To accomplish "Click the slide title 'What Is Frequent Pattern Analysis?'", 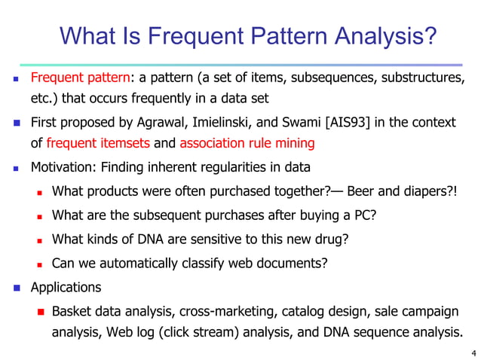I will click(247, 35).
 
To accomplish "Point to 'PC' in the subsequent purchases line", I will click(362, 215).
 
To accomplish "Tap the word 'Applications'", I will click(65, 287).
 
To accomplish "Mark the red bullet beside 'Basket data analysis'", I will click(42, 311).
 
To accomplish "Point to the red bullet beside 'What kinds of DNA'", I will click(42, 240).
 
